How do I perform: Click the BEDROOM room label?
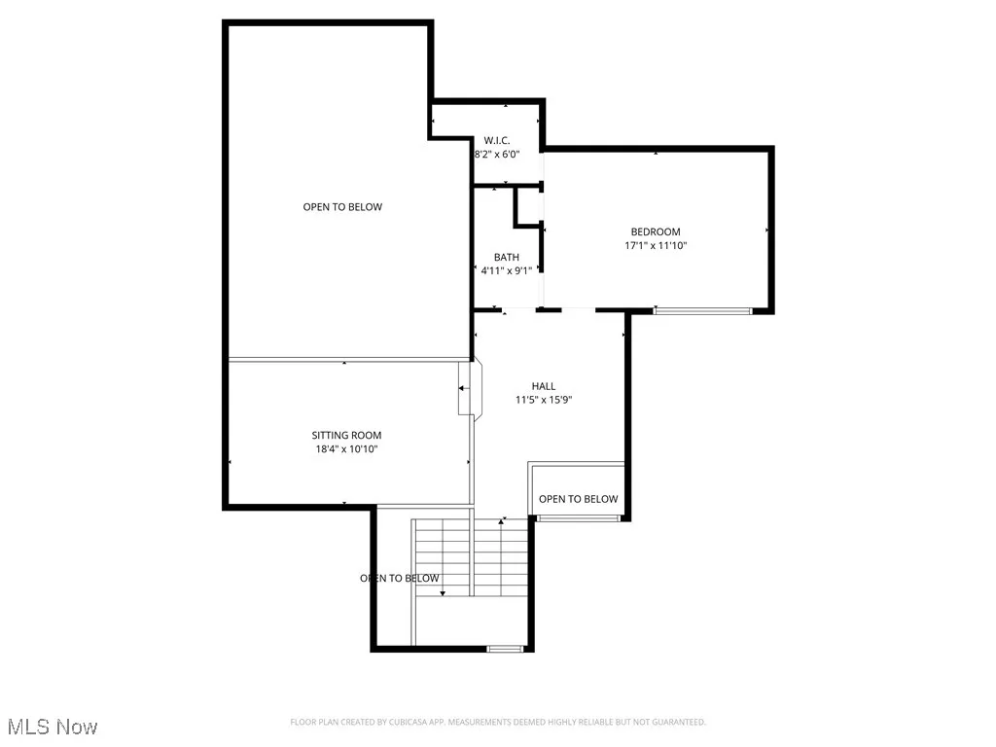(655, 231)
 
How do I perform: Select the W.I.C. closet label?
(497, 140)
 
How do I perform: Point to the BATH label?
(506, 257)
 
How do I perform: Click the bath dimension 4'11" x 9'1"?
(506, 271)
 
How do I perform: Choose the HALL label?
(543, 386)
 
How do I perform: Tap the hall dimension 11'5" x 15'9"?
(543, 400)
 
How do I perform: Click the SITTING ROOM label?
(346, 435)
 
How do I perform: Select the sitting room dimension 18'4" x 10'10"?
(346, 449)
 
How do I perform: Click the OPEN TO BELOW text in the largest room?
(342, 207)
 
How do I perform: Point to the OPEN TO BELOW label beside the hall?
(578, 499)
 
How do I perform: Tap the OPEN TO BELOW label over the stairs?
(400, 578)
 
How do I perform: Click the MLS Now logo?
(53, 727)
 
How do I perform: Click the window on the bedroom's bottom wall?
(702, 310)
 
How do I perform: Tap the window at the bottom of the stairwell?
(505, 648)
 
